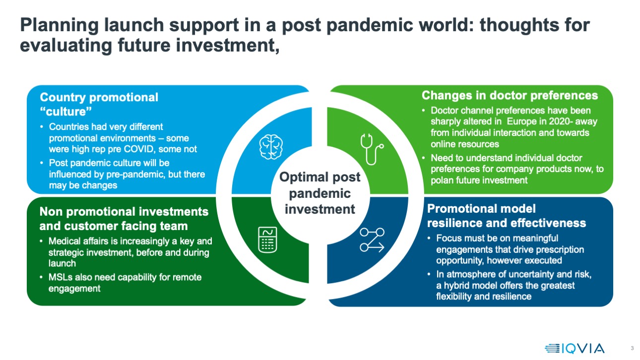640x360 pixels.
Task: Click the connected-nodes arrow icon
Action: coord(372,240)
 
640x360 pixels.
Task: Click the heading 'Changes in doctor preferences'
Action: coord(510,95)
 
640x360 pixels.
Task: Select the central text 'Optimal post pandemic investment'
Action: coord(320,193)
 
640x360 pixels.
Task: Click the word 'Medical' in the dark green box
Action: coord(66,241)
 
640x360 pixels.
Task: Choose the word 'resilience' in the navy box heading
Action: coord(452,223)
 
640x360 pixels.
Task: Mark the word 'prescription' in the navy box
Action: coord(559,249)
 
